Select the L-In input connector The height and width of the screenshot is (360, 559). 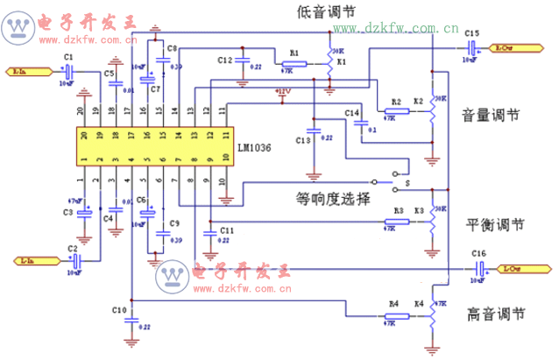coord(24,259)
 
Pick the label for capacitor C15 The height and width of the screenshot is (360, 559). coord(472,32)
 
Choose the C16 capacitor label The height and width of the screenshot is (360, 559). coord(478,253)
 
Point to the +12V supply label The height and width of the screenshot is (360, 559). coord(282,90)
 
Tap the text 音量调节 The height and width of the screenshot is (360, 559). coord(491,116)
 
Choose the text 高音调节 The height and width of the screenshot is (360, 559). coord(497,313)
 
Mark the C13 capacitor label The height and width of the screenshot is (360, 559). coord(304,140)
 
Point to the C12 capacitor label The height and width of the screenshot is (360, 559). coord(224,60)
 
